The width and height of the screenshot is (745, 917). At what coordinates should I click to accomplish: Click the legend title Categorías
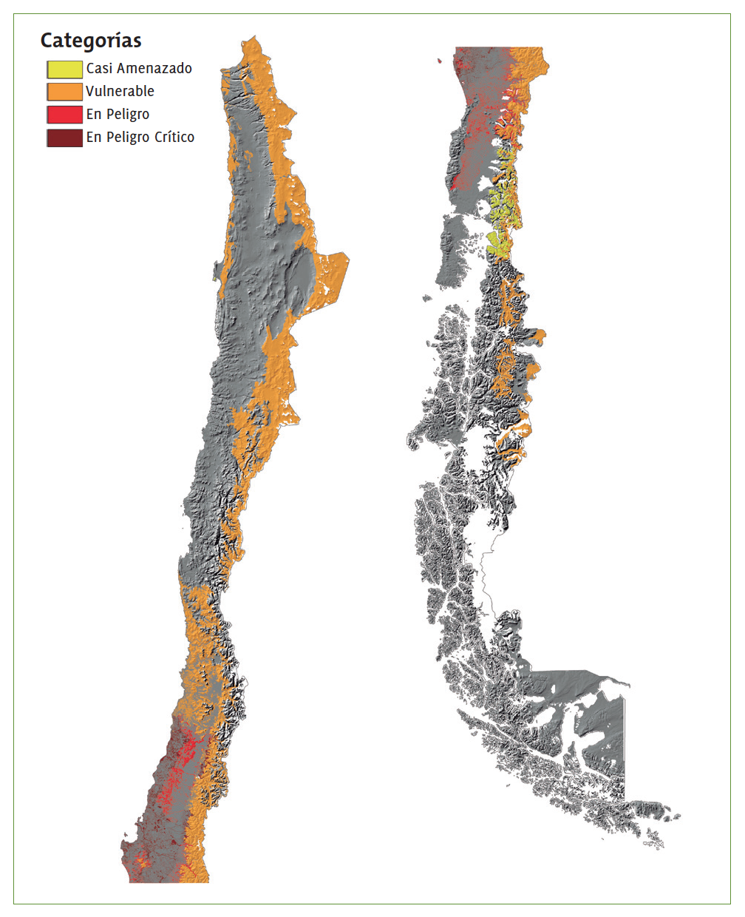click(90, 41)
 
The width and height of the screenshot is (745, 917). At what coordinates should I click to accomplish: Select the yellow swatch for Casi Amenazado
click(64, 70)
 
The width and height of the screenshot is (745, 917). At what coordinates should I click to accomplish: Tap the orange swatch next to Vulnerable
click(64, 92)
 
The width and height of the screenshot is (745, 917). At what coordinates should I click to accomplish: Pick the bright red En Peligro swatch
click(64, 115)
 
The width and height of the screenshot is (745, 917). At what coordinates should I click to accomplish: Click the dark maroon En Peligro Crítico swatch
click(64, 138)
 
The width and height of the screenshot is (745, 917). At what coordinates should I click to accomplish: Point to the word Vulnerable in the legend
click(120, 92)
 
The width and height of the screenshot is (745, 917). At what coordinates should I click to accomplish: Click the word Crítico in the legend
click(174, 138)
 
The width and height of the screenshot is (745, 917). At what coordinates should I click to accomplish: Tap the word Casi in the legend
click(99, 69)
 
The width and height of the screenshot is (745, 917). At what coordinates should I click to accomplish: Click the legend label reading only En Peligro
click(118, 115)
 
